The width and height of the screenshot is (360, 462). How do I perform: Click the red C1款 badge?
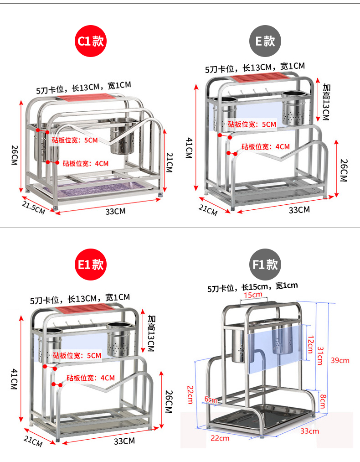tap(90, 42)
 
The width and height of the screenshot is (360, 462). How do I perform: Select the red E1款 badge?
tap(90, 265)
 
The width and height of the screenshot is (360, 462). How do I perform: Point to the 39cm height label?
tap(340, 360)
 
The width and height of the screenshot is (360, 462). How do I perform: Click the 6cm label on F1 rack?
tap(211, 400)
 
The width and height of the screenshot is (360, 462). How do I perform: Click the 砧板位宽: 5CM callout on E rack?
tap(252, 124)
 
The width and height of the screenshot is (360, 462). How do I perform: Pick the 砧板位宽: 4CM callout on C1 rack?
tap(86, 163)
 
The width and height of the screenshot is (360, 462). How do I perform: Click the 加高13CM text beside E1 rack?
tap(152, 332)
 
